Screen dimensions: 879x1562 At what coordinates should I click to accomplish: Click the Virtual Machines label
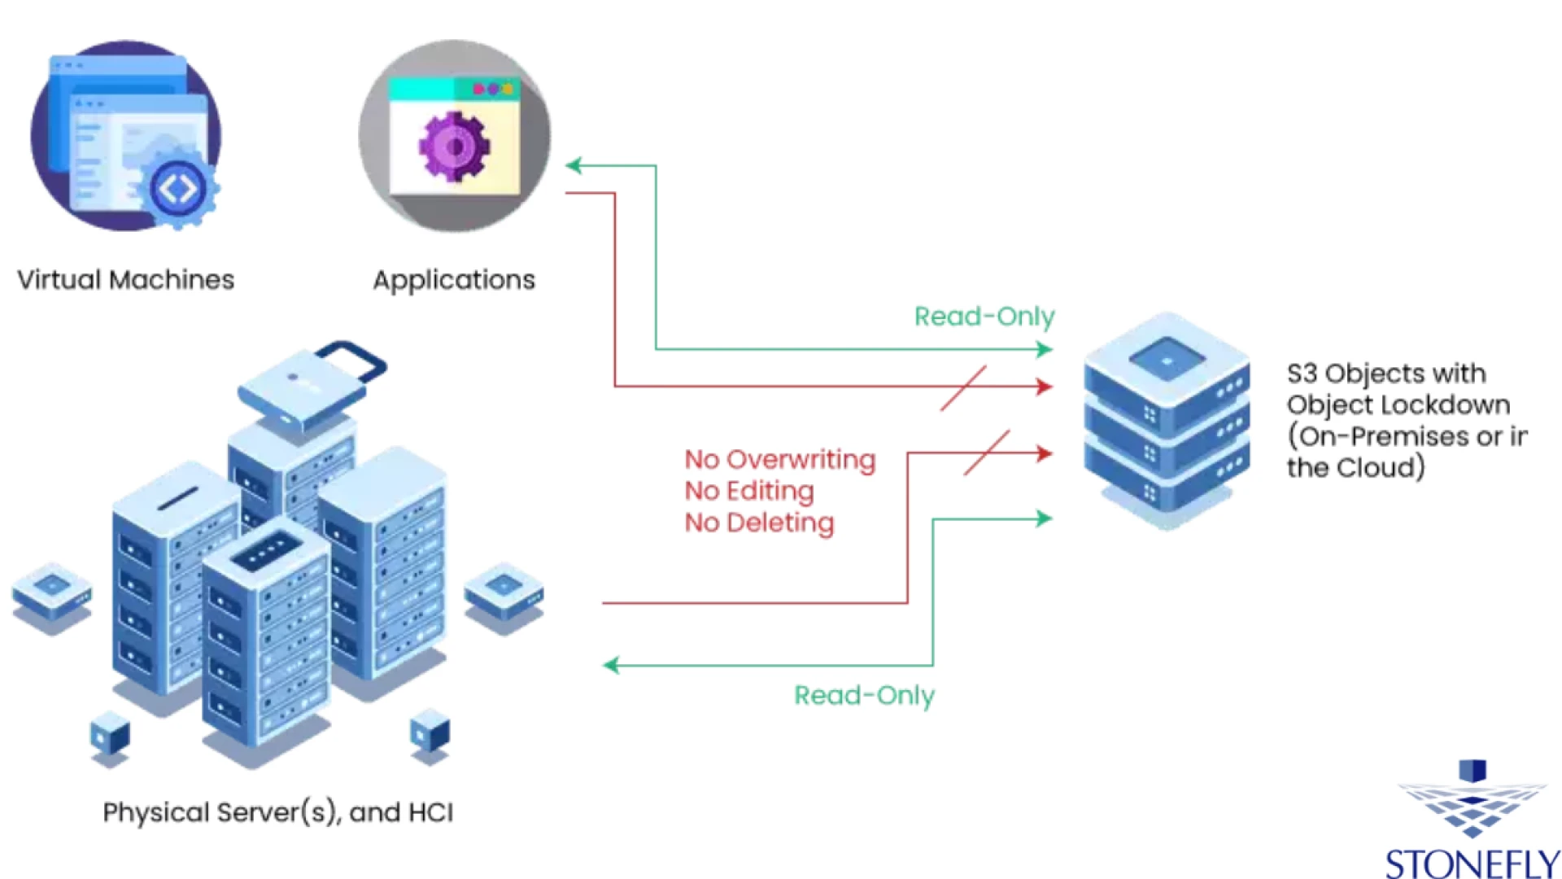[x=125, y=280]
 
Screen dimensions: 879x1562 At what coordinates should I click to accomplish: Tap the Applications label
[x=454, y=280]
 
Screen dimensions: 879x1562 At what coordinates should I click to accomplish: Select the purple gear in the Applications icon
[x=454, y=146]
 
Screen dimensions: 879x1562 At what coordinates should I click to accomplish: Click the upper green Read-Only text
[x=984, y=316]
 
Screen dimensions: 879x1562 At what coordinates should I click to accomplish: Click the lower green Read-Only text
[x=864, y=695]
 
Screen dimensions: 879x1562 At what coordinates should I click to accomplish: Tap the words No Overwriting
[x=779, y=459]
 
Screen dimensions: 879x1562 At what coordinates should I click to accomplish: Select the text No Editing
[x=748, y=491]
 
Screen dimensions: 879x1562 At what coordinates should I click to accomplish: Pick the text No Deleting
[x=759, y=523]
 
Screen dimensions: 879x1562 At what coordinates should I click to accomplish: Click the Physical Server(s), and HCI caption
[x=277, y=812]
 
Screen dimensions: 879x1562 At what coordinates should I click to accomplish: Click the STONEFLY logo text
[x=1472, y=863]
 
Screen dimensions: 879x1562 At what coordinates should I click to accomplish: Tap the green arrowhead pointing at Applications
[x=574, y=166]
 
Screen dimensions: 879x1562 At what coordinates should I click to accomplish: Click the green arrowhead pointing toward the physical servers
[x=611, y=665]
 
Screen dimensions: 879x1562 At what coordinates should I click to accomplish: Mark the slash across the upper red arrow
[x=963, y=387]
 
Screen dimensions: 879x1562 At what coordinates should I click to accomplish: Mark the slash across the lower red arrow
[x=986, y=453]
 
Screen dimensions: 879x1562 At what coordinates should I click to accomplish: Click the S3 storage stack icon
[x=1167, y=419]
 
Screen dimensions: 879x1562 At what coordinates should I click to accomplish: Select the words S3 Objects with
[x=1385, y=374]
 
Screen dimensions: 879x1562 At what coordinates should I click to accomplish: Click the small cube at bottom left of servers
[x=110, y=734]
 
